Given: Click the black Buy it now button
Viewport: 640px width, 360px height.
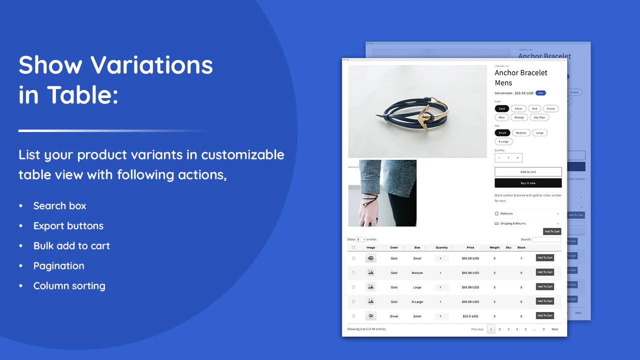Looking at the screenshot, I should tap(528, 183).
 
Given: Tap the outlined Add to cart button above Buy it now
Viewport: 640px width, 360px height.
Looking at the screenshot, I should tap(528, 172).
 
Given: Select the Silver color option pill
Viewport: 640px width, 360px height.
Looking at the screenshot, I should tap(518, 108).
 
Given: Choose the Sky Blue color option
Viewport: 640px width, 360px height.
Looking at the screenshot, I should tap(539, 117).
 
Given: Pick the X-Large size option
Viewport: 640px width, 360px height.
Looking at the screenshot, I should tap(503, 141).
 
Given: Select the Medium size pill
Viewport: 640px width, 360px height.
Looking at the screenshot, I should tap(521, 133).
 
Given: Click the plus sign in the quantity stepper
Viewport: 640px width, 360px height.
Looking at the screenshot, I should tap(517, 158).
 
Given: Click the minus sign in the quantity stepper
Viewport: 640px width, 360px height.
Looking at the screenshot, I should tap(499, 158).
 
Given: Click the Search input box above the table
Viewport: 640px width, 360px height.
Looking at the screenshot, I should tap(546, 239).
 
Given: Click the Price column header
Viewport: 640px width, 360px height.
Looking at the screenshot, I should tap(470, 247).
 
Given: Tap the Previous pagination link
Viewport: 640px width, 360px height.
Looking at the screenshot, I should tap(477, 329).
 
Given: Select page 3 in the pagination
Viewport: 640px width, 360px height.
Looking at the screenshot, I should tap(508, 329).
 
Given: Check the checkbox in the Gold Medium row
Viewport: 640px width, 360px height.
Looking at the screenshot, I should tap(353, 272).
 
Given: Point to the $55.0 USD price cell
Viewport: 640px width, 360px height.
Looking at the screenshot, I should tap(470, 316).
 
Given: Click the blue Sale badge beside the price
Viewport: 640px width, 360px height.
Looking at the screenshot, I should tap(540, 93).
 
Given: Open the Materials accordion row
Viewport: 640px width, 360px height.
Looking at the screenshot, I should tap(527, 213).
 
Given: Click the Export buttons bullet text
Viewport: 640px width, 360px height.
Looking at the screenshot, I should tap(68, 226).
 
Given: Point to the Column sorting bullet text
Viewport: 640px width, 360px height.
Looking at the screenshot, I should tap(69, 286).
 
